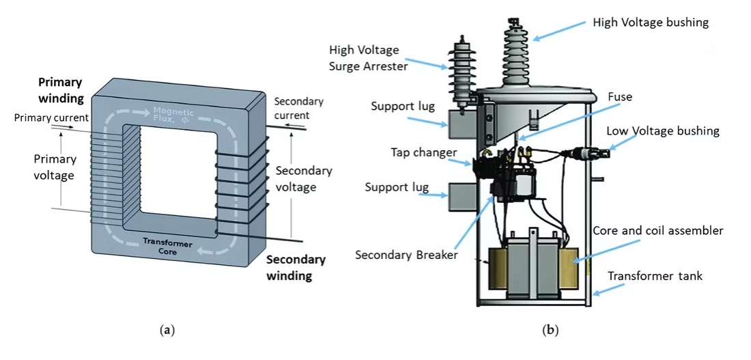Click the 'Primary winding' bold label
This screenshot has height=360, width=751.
(60, 90)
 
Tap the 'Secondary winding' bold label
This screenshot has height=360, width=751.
(296, 268)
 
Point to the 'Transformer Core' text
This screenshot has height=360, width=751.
(169, 248)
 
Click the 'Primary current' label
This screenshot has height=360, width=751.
(51, 117)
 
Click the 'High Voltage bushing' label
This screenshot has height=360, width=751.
(651, 23)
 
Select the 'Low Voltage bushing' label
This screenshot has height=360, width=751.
(662, 130)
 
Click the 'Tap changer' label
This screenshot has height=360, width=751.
(423, 152)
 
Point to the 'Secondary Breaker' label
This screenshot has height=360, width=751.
(406, 255)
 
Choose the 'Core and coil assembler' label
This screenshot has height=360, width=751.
(657, 230)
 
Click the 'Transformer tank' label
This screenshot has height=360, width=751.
(655, 276)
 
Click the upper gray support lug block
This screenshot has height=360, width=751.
(457, 120)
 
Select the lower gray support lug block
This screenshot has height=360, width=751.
(457, 197)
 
